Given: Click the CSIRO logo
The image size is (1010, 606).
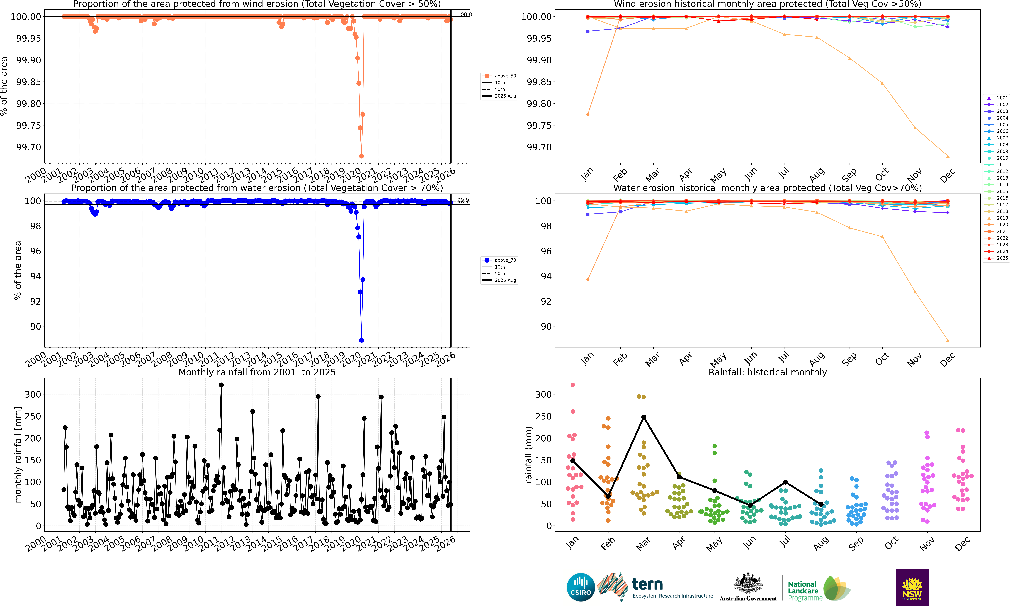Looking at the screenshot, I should tap(580, 587).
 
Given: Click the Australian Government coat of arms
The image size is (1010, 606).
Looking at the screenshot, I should tap(748, 583).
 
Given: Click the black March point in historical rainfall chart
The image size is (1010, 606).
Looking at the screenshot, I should tap(644, 417).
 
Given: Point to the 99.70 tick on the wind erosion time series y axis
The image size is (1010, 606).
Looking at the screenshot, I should tap(29, 147).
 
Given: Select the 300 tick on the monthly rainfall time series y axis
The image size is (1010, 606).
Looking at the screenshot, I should tap(33, 395).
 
